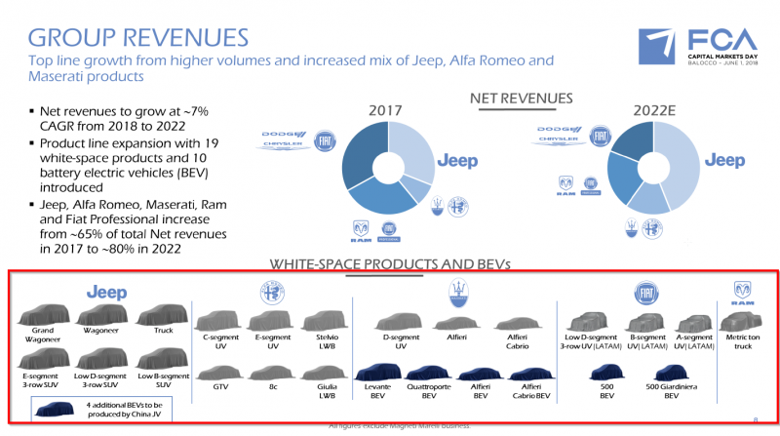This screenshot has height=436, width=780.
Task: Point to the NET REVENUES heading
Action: pyautogui.click(x=522, y=98)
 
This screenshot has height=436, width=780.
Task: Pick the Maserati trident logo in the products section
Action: pyautogui.click(x=456, y=293)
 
